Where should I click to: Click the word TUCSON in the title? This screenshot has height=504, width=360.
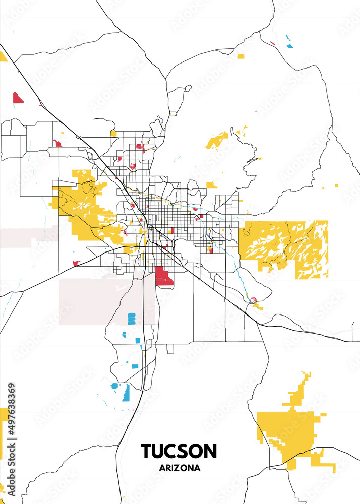(x=179, y=450)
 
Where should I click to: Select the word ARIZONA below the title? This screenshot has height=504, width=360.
(x=179, y=468)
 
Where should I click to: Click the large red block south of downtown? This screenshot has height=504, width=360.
(x=164, y=276)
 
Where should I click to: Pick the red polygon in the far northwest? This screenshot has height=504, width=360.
(x=18, y=97)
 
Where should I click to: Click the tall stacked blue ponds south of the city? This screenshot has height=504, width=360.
(x=132, y=319)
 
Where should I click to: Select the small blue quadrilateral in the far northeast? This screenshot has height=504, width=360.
(x=289, y=46)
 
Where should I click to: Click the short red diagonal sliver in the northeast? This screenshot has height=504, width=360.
(x=272, y=43)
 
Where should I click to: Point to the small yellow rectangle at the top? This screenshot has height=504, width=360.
(x=241, y=55)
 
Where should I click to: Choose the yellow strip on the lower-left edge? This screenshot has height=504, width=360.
(x=3, y=433)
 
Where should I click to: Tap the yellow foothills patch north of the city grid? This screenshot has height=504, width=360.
(x=217, y=140)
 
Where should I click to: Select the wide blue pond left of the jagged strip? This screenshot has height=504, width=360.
(x=114, y=386)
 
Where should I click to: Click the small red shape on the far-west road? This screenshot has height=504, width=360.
(x=76, y=263)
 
